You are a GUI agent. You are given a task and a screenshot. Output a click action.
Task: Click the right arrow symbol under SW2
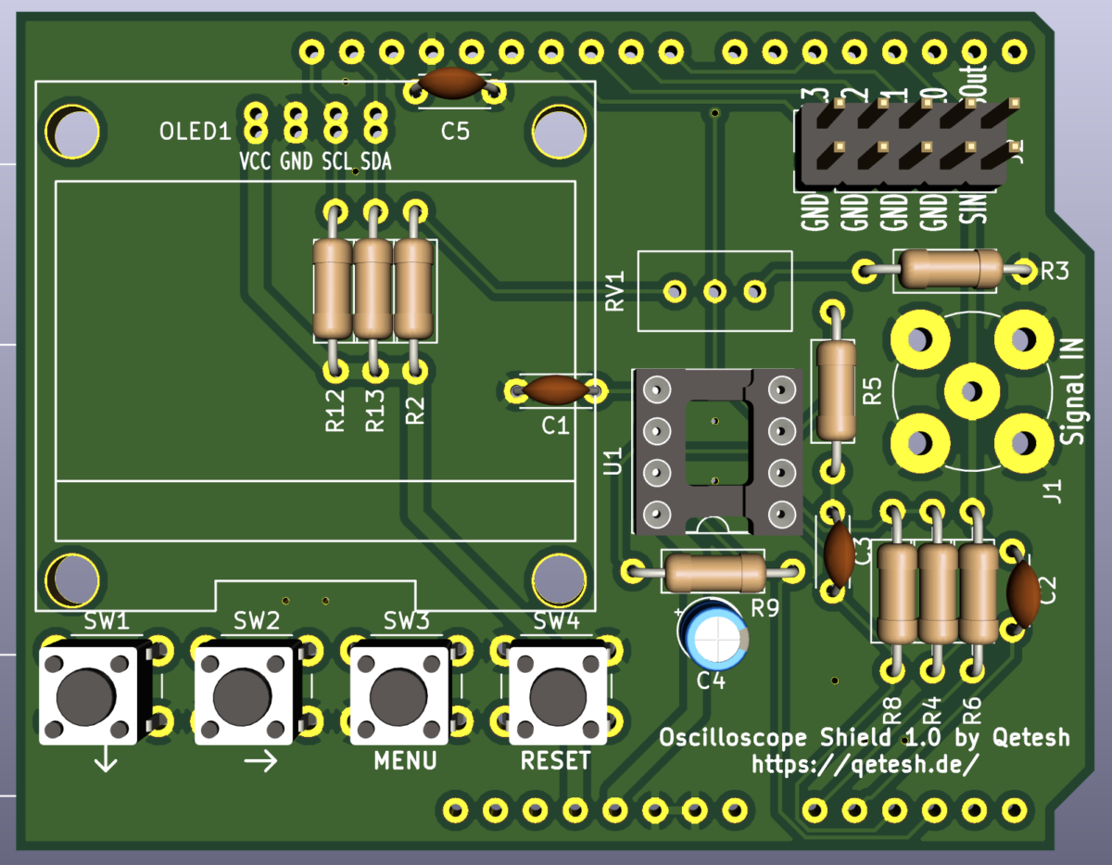260,762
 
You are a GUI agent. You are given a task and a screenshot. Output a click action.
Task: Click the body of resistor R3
950,270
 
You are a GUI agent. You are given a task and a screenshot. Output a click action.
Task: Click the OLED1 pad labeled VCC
255,120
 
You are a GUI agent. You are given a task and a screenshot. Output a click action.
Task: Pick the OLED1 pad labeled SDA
374,120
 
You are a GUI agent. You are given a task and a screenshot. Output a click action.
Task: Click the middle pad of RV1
714,291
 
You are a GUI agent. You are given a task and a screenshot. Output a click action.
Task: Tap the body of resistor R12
333,288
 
